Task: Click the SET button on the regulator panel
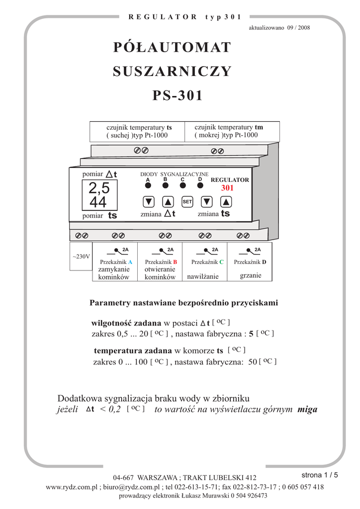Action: click(x=187, y=202)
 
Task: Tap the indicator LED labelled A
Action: click(x=148, y=186)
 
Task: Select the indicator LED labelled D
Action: click(x=200, y=186)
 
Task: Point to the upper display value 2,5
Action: click(x=99, y=188)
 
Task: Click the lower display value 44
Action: click(x=98, y=202)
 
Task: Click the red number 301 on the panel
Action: click(x=227, y=188)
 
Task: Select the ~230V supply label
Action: click(x=81, y=256)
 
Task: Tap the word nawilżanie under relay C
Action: click(x=203, y=277)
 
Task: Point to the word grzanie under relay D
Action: click(x=250, y=275)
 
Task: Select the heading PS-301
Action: click(x=178, y=95)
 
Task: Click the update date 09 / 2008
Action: click(x=298, y=27)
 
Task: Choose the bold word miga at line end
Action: click(x=307, y=410)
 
